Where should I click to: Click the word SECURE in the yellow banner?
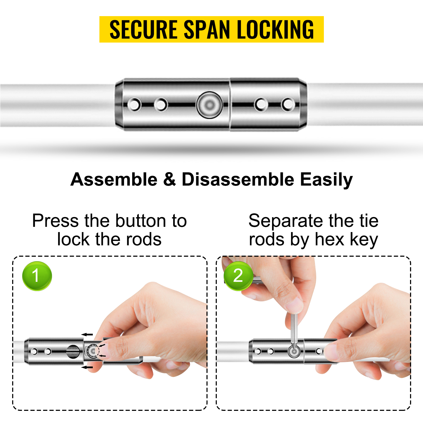pos(143,29)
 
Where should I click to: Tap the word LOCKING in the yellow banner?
pos(275,29)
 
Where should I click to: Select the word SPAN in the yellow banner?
pos(207,29)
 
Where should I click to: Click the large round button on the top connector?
pos(210,105)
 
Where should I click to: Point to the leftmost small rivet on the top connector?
pos(134,105)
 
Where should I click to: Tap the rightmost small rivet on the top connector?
pos(288,104)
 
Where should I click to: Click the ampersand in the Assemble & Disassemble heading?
pos(169,180)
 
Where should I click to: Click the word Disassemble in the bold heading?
pos(238,180)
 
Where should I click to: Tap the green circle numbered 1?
pos(37,276)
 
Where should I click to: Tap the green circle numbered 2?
pos(238,276)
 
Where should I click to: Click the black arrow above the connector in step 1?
pos(87,334)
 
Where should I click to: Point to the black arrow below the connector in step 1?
pos(87,367)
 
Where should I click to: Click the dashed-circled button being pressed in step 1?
pos(93,351)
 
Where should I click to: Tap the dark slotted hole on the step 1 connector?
pos(73,352)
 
